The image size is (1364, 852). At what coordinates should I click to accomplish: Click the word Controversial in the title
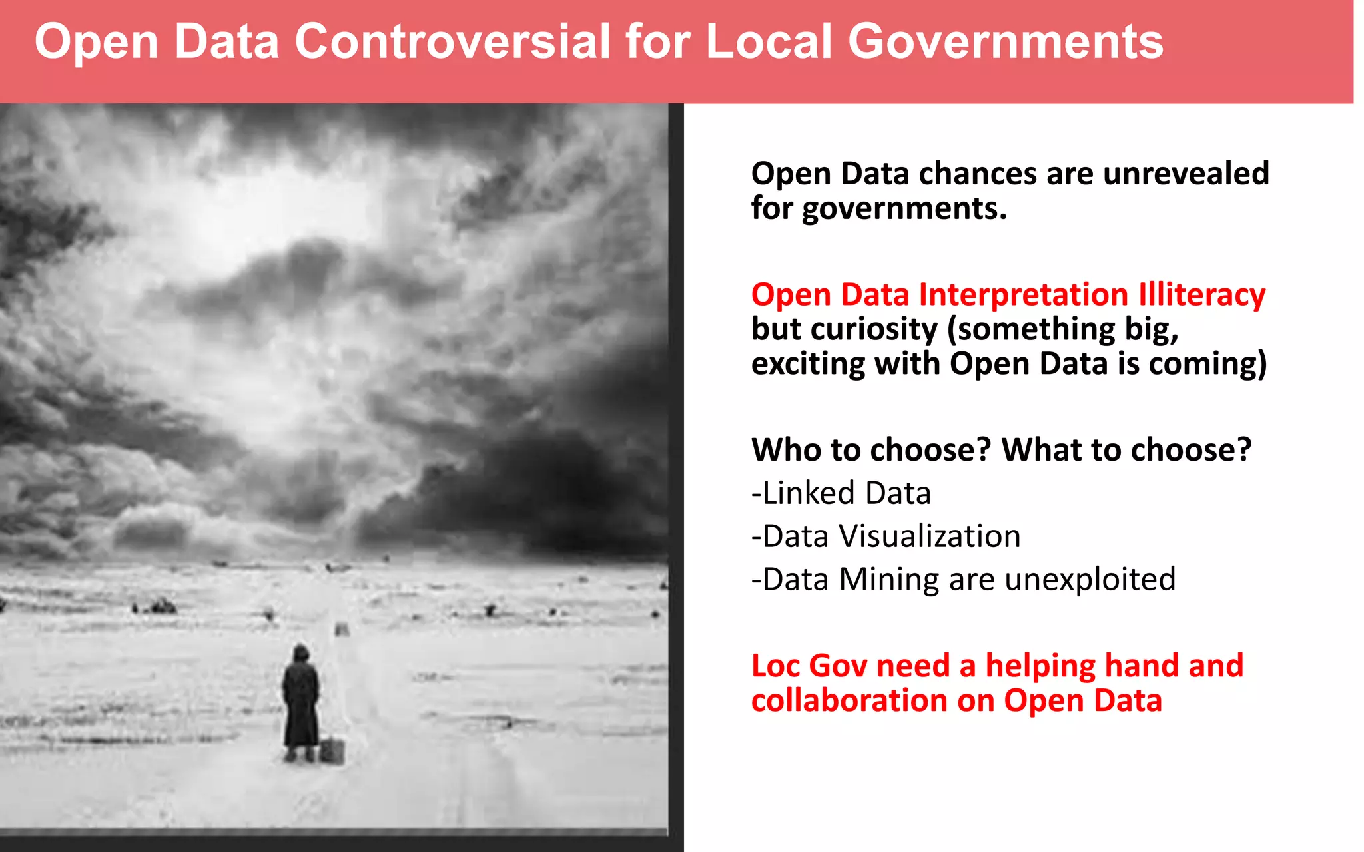click(452, 41)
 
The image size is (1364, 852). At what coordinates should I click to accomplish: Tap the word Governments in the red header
click(1005, 41)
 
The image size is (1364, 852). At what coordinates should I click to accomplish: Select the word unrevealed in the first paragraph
click(1186, 174)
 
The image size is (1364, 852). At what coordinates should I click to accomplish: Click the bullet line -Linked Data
click(841, 493)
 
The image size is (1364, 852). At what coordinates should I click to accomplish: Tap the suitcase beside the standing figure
click(332, 751)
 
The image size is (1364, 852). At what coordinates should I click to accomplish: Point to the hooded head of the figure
click(301, 654)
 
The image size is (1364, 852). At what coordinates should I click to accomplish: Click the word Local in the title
click(769, 41)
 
